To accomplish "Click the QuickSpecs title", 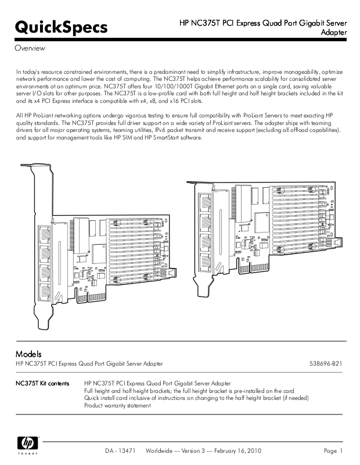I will click(61, 27).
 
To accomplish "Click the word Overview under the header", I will click(30, 48).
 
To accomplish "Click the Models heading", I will click(28, 353).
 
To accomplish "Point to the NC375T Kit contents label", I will click(42, 384).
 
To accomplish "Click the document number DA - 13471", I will click(120, 451).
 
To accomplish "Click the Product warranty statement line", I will click(117, 406).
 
